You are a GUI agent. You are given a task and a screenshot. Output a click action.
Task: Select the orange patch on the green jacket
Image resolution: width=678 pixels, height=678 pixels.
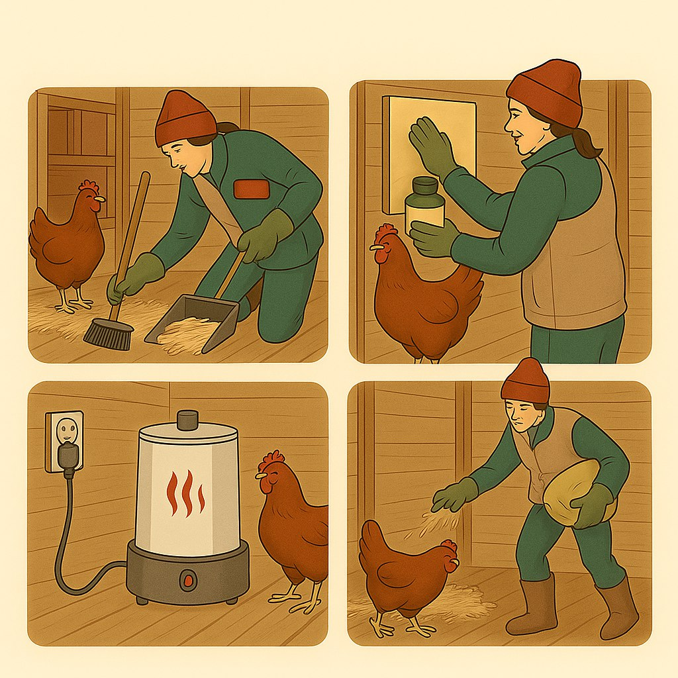(x=252, y=189)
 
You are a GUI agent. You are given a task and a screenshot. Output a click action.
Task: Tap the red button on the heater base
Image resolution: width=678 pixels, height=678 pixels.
(x=189, y=581)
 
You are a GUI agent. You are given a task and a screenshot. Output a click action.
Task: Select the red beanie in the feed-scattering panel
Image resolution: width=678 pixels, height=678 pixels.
(x=525, y=381)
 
